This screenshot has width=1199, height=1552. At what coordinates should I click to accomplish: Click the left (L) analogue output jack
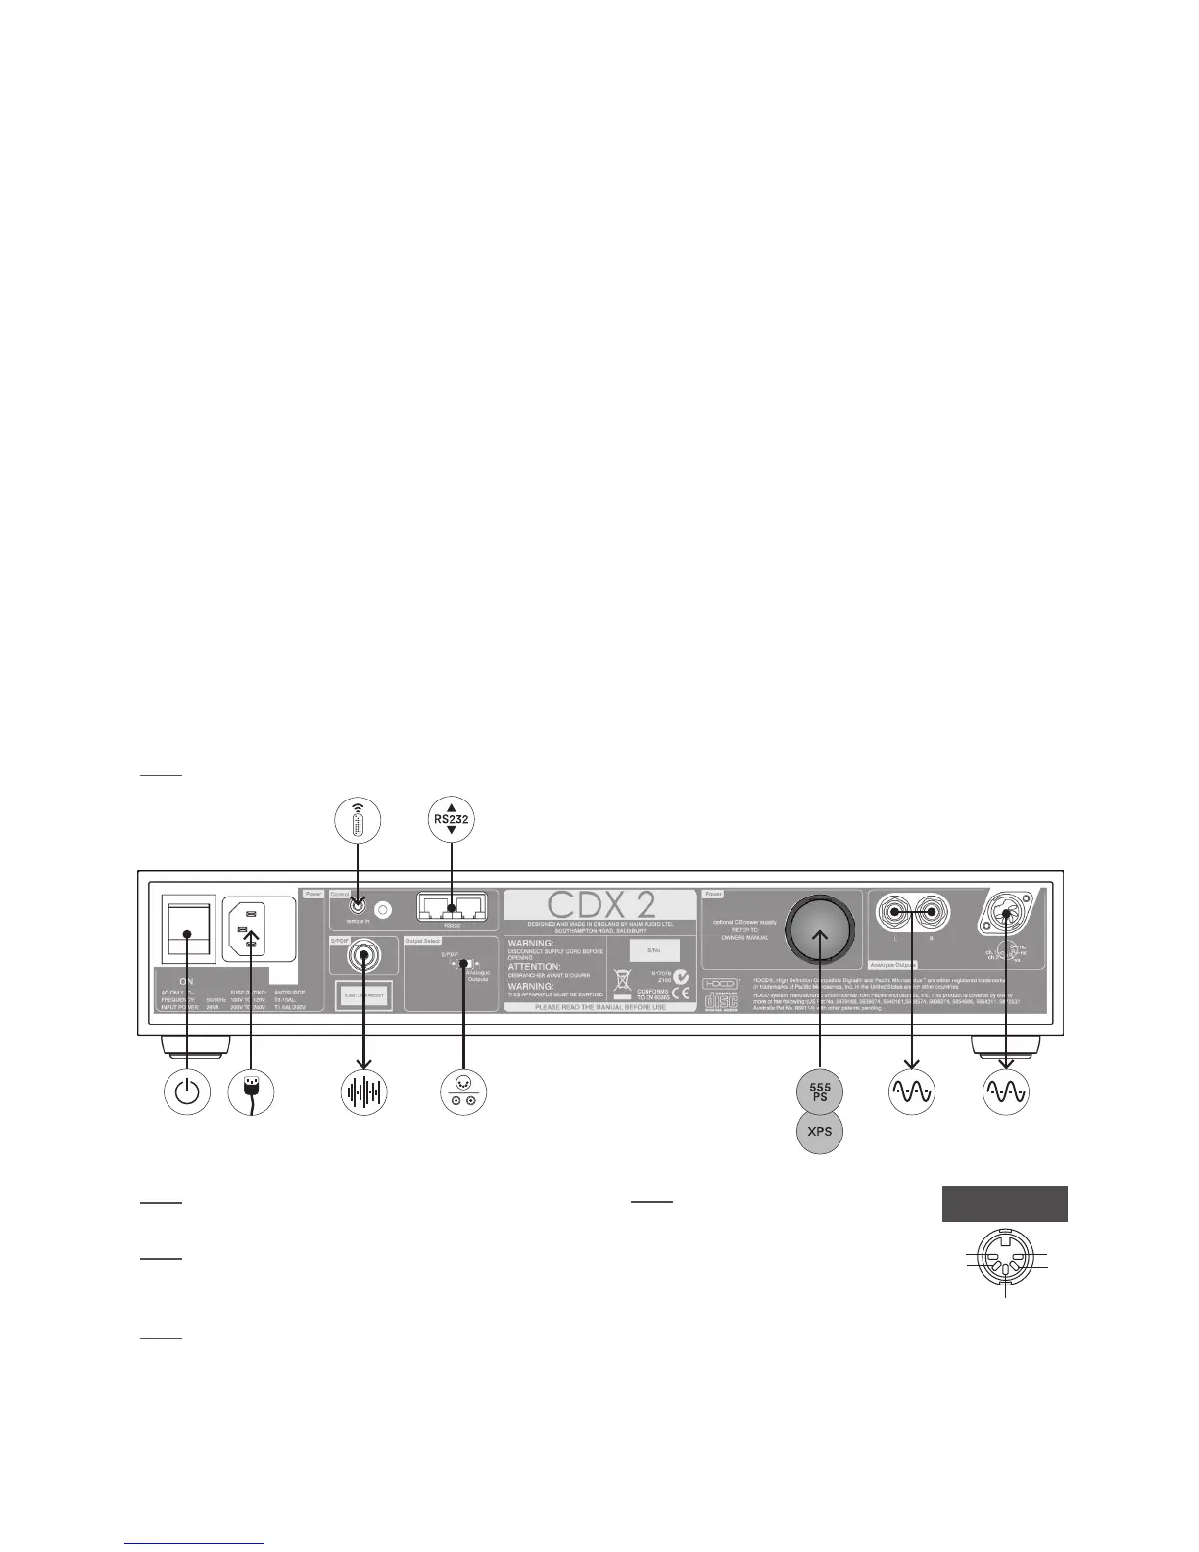coord(893,912)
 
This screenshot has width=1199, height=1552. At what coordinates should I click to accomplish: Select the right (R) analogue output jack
coord(930,912)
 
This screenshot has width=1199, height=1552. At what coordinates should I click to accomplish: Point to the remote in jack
coord(358,909)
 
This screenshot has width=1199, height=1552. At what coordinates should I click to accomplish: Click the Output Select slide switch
coord(462,964)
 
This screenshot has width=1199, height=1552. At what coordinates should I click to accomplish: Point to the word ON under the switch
coord(186,980)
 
